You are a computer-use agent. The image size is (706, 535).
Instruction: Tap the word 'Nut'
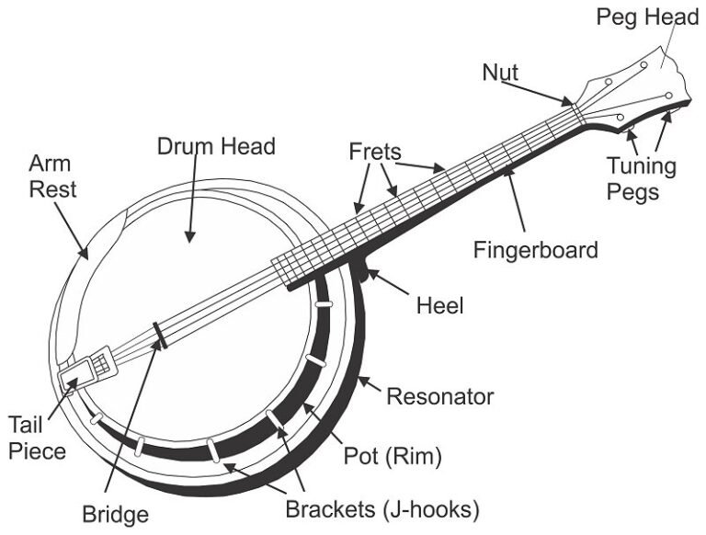click(500, 72)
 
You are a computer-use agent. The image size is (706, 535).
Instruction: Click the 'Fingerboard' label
click(536, 249)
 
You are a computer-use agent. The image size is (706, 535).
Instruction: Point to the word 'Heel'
click(439, 304)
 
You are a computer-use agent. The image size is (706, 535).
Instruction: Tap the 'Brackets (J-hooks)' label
click(382, 508)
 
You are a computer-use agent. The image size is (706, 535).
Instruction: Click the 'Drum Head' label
click(216, 146)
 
